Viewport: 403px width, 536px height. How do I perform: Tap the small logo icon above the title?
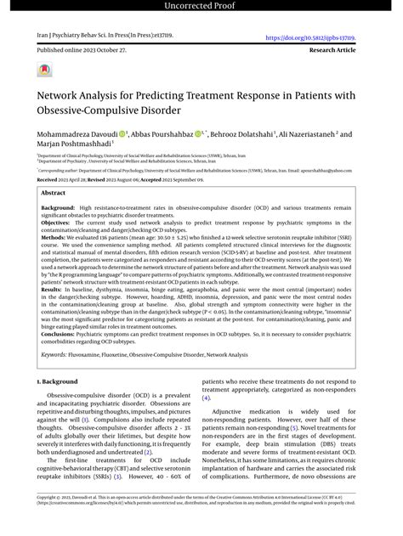pyautogui.click(x=43, y=71)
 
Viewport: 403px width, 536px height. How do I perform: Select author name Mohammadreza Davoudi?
pyautogui.click(x=76, y=134)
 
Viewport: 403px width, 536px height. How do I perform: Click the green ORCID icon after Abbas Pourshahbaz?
pyautogui.click(x=198, y=134)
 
